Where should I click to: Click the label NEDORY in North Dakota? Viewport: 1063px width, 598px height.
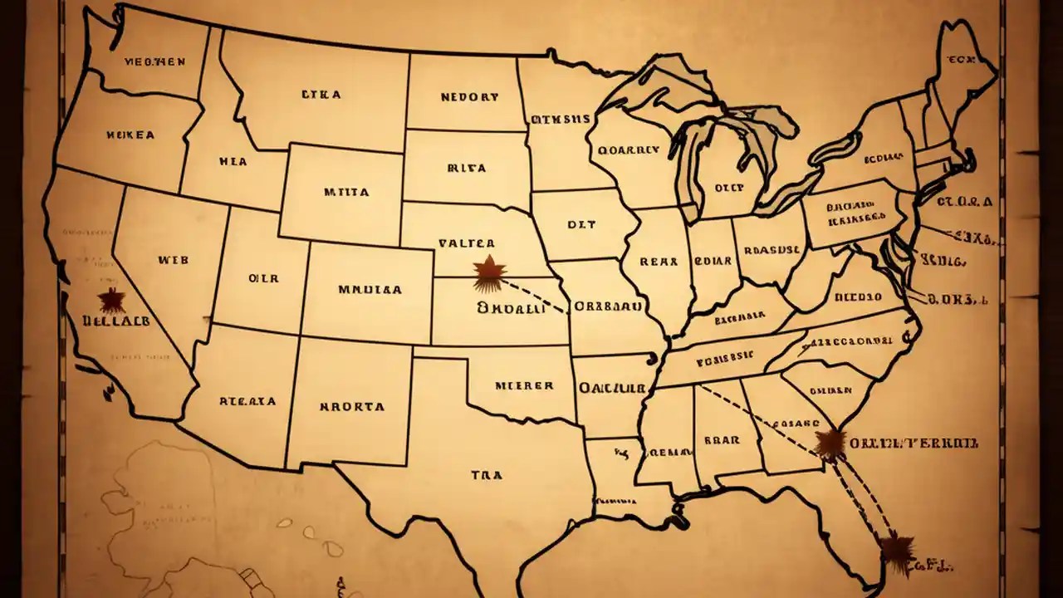tap(470, 97)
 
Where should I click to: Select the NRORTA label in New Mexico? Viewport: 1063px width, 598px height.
tap(351, 407)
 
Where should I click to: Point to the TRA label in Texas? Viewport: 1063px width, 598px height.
tap(486, 476)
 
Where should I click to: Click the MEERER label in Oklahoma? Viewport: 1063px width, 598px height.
tap(523, 386)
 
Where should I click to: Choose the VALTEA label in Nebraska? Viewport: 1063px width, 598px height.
tap(466, 244)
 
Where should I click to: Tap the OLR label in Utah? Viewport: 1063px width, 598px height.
tap(263, 279)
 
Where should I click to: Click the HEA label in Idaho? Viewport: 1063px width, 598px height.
tap(233, 163)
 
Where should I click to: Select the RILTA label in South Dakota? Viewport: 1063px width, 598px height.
tap(466, 168)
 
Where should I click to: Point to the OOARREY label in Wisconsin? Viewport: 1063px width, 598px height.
tap(628, 150)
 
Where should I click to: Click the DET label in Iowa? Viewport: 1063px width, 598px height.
tap(581, 224)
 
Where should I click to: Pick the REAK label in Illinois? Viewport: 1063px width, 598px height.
tap(659, 261)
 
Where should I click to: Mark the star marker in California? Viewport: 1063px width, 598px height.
tap(110, 300)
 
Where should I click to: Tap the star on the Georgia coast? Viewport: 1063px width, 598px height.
tap(830, 444)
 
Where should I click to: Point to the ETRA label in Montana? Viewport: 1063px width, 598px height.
tap(321, 95)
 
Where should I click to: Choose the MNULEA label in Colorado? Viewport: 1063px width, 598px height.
tap(370, 291)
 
